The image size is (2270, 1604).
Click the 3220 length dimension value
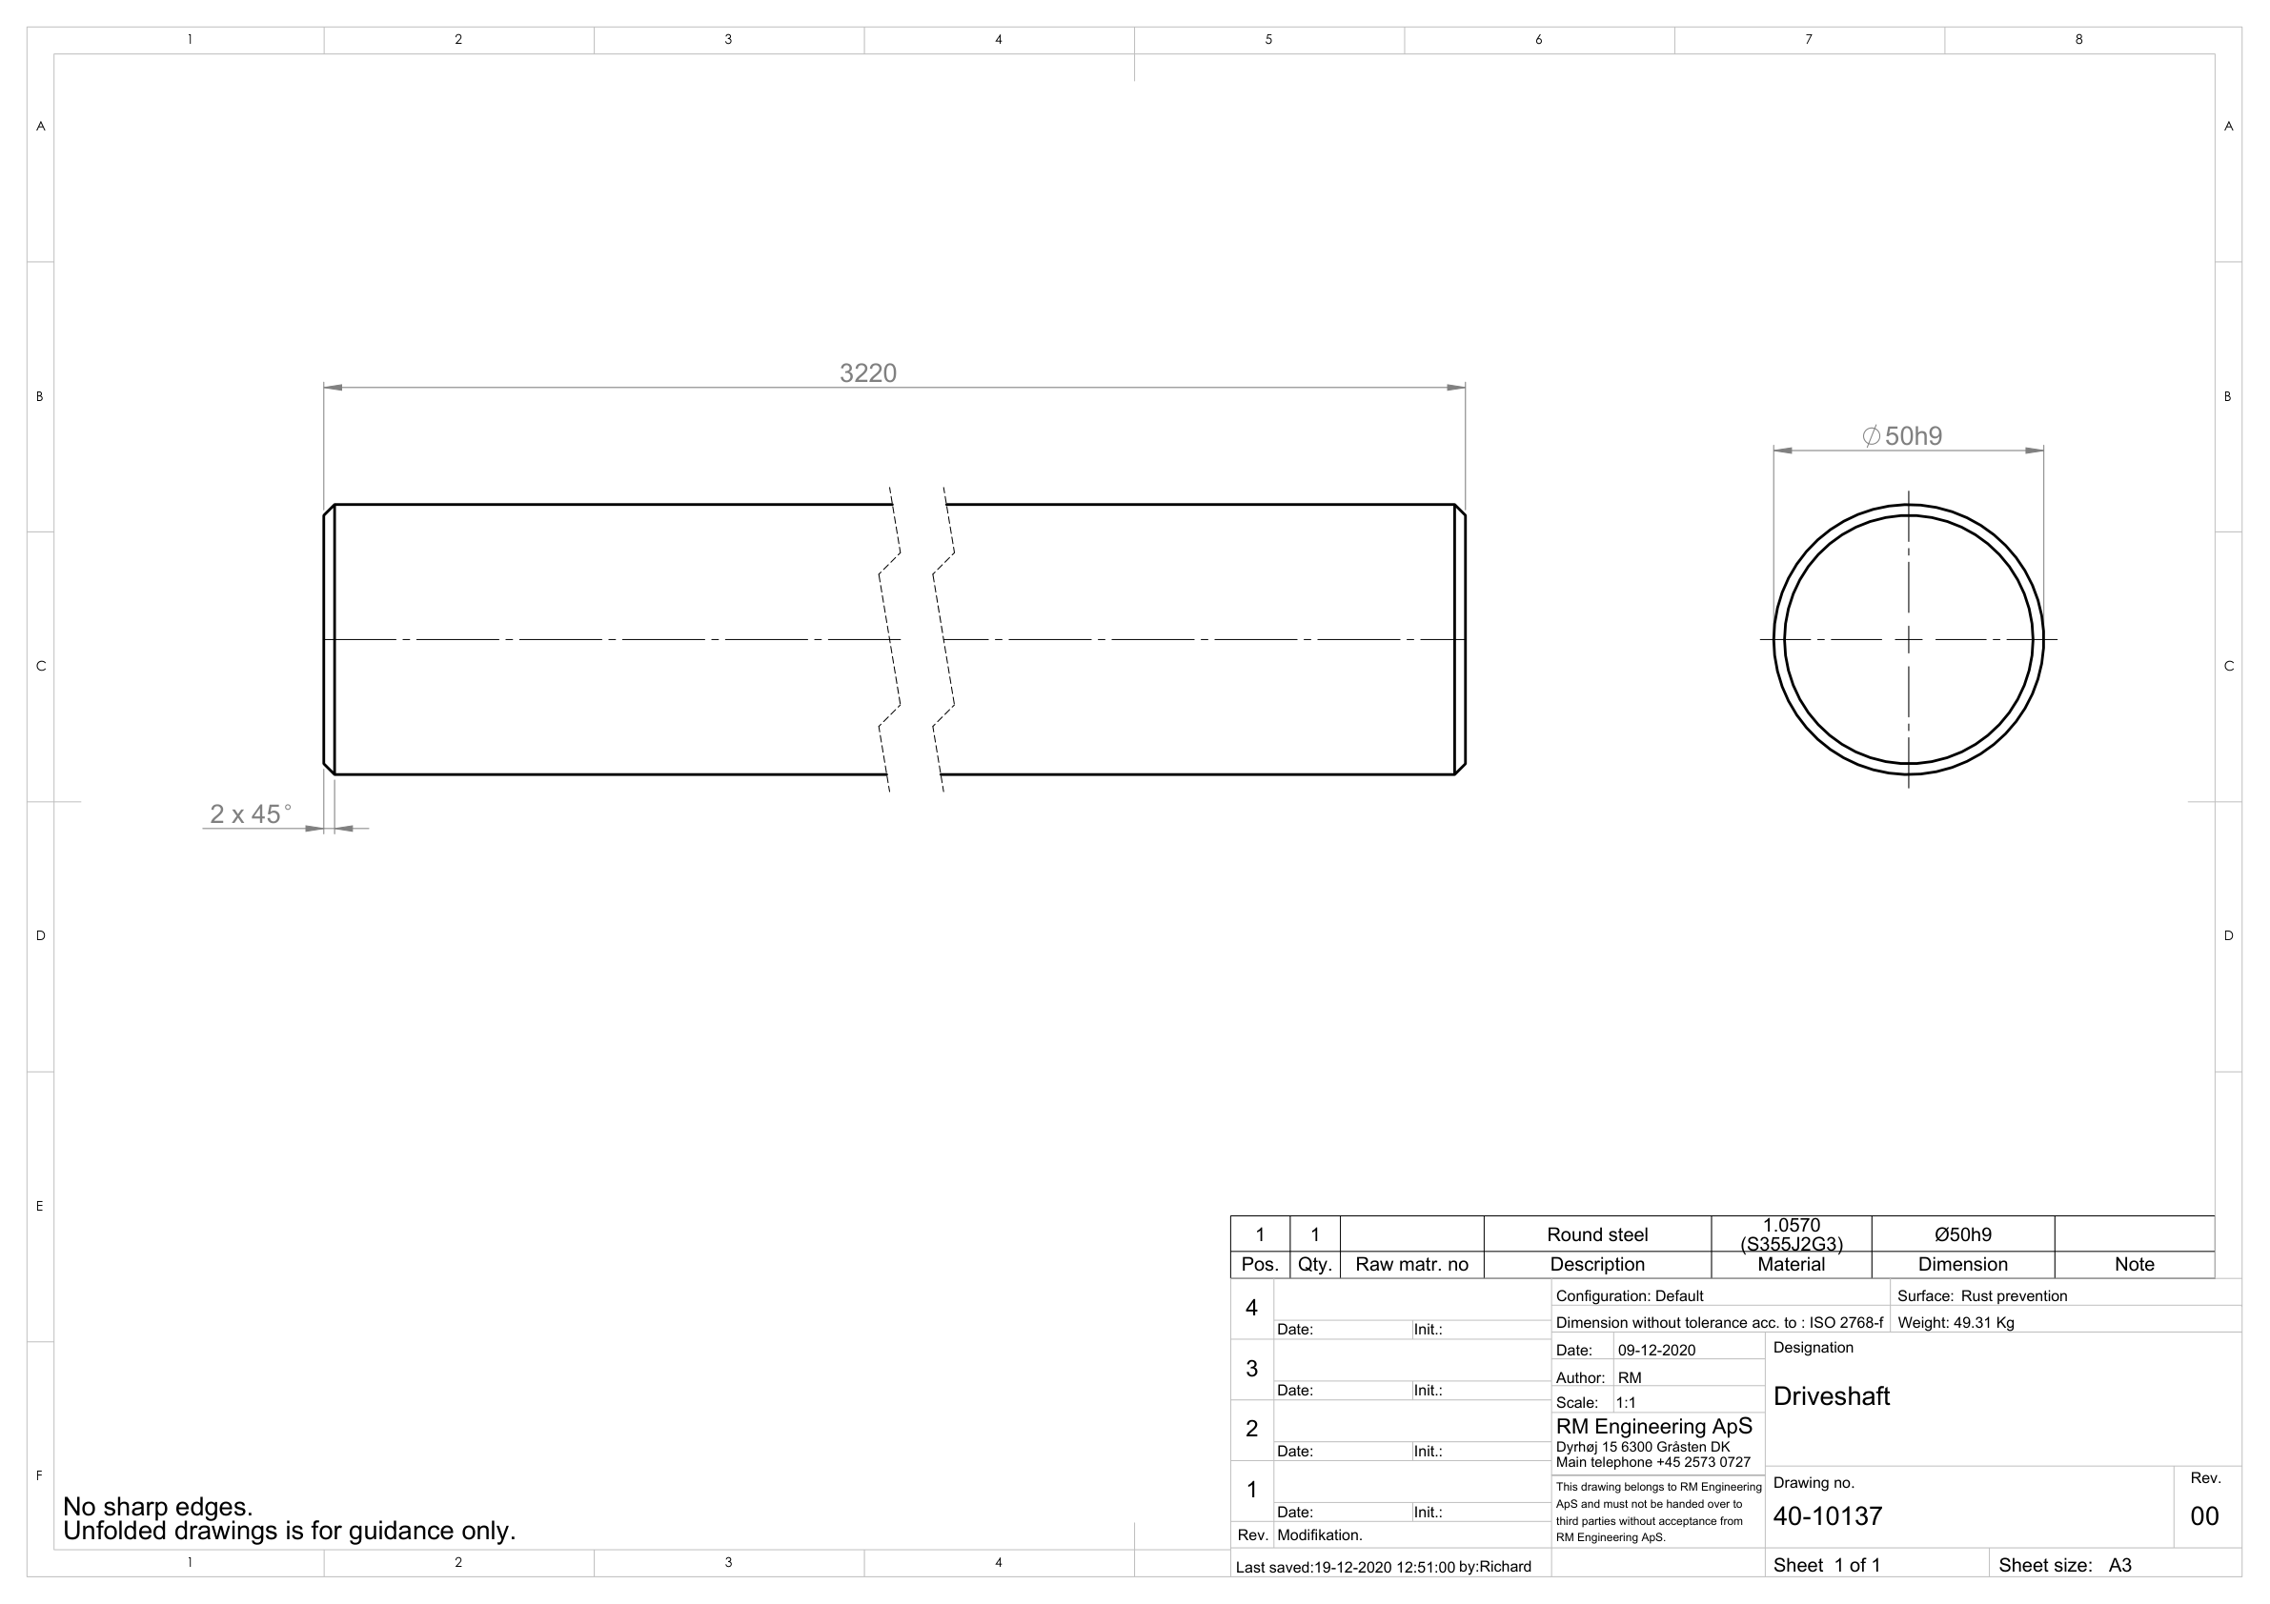[x=867, y=372]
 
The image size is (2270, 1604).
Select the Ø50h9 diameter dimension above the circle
[x=1901, y=436]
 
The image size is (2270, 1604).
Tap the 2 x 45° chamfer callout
[x=250, y=814]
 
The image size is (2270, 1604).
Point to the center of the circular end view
[x=1907, y=639]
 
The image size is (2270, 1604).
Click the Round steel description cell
[x=1596, y=1234]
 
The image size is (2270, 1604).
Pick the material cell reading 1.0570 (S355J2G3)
[x=1791, y=1234]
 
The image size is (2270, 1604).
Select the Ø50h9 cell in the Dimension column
[x=1961, y=1234]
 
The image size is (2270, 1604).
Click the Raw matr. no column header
[x=1410, y=1264]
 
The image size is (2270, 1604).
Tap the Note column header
[x=2134, y=1264]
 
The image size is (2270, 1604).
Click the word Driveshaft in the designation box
[x=1830, y=1395]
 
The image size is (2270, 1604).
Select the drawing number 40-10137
[x=1827, y=1515]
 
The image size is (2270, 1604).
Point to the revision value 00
[x=2203, y=1515]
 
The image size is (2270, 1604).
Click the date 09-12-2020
[x=1656, y=1350]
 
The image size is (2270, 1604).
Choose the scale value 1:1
[x=1626, y=1402]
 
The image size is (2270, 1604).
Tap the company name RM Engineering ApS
[x=1653, y=1426]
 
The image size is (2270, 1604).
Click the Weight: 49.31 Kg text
[x=1955, y=1322]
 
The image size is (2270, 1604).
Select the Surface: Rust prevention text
[x=1981, y=1295]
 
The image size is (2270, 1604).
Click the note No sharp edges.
[x=158, y=1506]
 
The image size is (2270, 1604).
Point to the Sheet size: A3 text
[x=2063, y=1564]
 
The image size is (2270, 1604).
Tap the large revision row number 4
[x=1250, y=1308]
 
